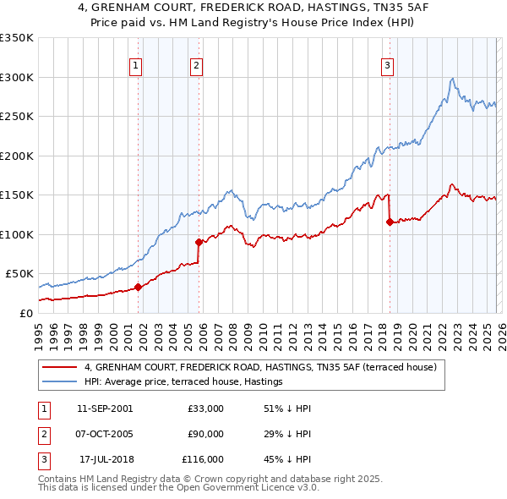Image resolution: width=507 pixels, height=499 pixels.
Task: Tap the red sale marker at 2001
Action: pos(138,287)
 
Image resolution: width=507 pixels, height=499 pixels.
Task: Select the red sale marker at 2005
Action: pos(199,242)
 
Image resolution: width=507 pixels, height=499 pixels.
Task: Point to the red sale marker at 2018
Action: pos(390,222)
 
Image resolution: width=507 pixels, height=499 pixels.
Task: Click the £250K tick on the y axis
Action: pos(17,117)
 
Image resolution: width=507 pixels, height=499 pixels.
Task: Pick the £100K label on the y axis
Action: pos(17,234)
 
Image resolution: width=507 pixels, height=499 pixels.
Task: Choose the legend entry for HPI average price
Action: pos(183,381)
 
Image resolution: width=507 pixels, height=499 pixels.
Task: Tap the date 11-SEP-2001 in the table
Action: pos(105,409)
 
